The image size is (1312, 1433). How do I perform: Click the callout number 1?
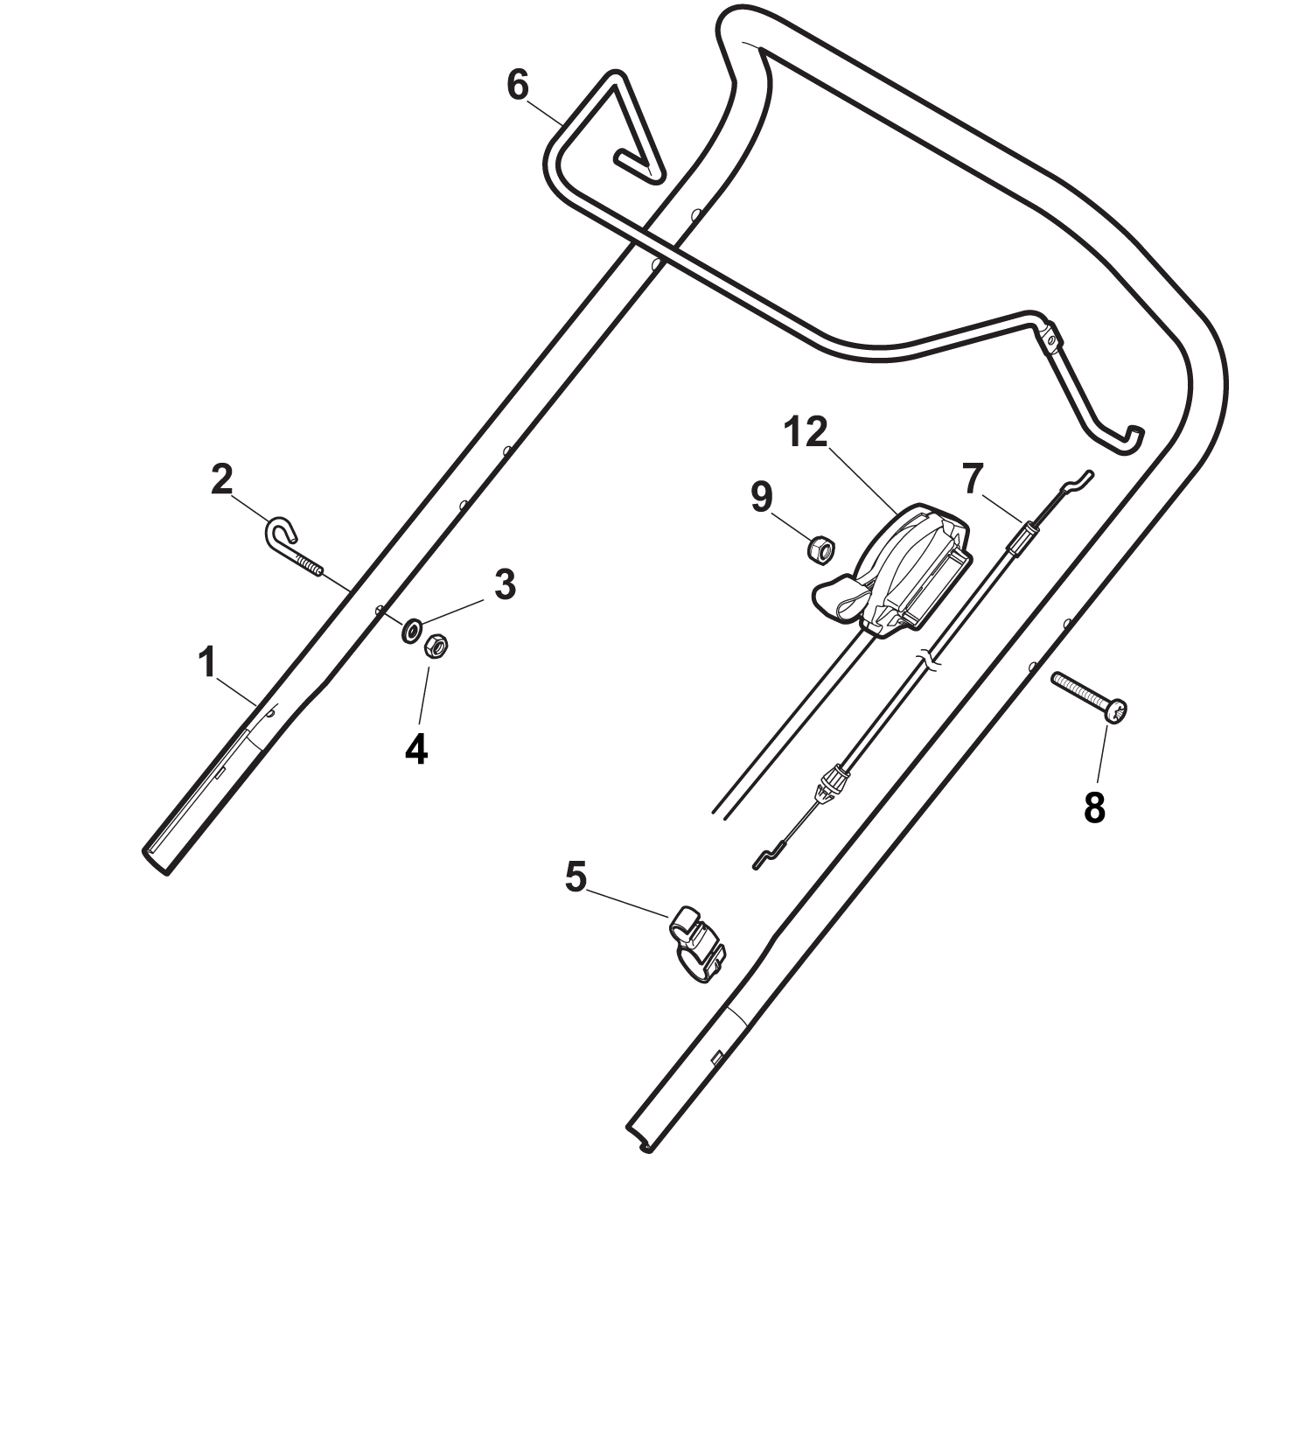pos(206,663)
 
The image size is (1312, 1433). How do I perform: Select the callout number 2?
pos(222,479)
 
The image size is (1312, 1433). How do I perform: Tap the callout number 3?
pos(505,584)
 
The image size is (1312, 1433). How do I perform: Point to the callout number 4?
pos(416,750)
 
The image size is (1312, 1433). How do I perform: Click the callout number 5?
pos(576,877)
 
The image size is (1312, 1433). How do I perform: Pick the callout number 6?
pos(518,86)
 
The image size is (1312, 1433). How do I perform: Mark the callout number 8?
pos(1094,807)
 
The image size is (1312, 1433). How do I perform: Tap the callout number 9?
pos(762,497)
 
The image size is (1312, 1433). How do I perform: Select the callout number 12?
pos(806,432)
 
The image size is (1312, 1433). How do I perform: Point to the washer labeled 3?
pos(410,630)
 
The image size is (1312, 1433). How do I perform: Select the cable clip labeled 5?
pos(697,945)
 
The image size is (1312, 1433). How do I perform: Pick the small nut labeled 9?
pos(820,549)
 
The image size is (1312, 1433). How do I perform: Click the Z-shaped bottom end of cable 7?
pos(767,856)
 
